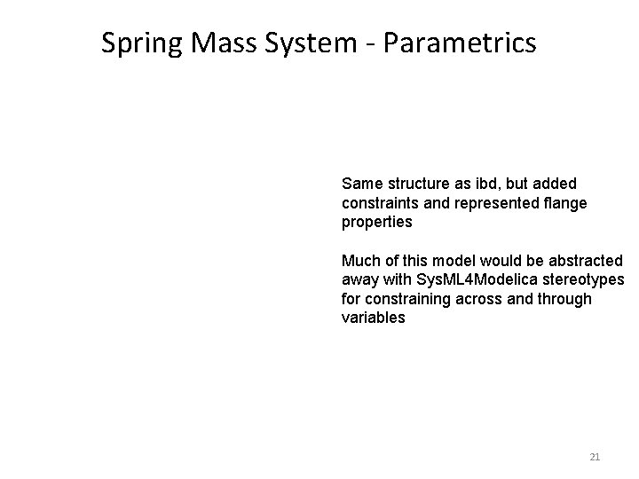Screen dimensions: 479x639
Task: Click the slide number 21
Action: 595,457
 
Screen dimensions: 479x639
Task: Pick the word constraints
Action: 382,203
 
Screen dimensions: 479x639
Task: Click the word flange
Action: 566,203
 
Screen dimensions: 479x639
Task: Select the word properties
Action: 376,223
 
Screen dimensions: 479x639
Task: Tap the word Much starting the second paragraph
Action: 360,260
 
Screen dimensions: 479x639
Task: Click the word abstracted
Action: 586,260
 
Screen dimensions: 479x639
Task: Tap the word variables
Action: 373,318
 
